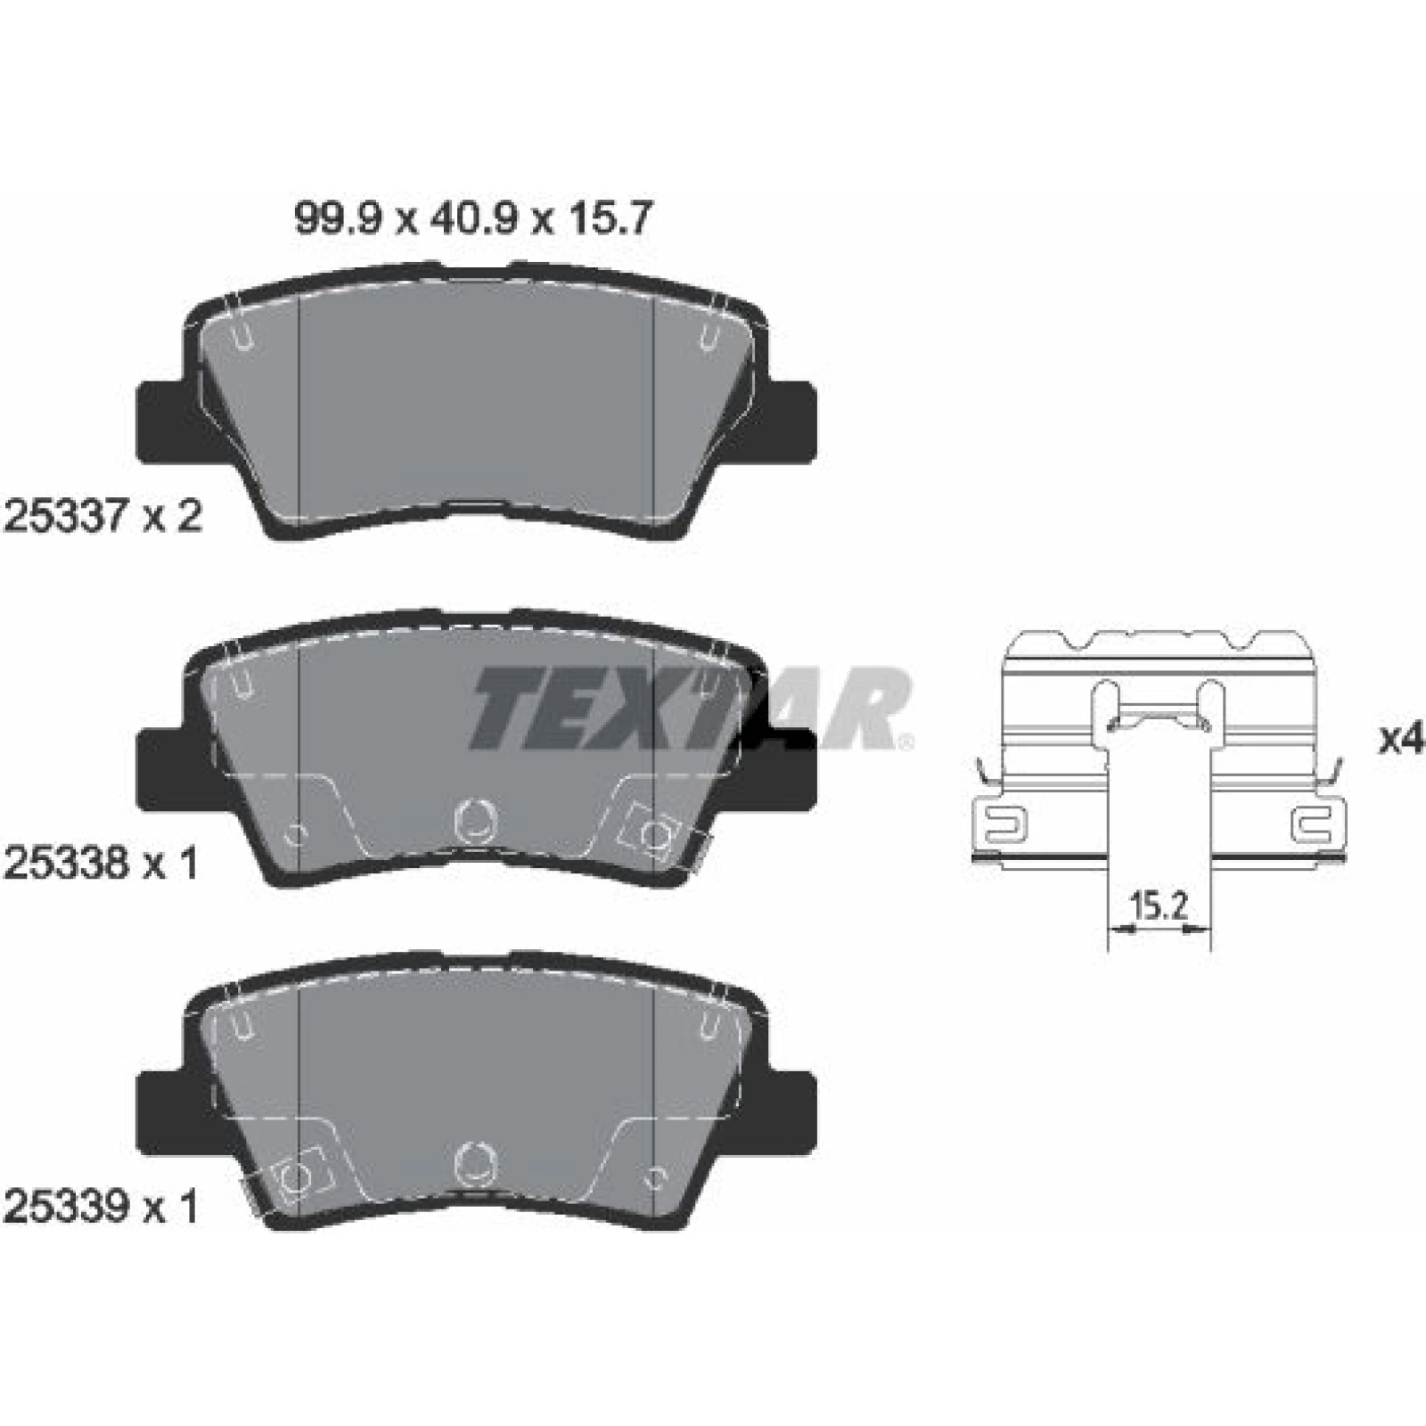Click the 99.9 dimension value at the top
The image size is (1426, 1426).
(x=339, y=218)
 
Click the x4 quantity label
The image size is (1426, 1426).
(x=1402, y=740)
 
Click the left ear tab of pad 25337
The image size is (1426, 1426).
(x=162, y=422)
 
